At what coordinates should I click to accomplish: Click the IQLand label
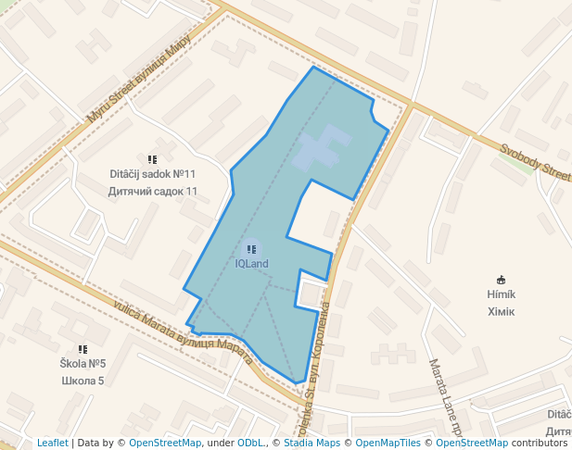click(251, 264)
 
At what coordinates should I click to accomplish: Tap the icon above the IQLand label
click(251, 249)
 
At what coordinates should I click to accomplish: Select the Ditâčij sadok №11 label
click(153, 174)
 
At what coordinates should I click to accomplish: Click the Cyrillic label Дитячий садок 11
click(153, 192)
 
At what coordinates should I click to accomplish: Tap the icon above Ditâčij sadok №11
click(153, 159)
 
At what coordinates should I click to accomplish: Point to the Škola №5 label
click(83, 364)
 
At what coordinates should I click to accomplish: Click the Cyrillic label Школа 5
click(83, 381)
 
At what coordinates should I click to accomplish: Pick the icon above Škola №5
click(83, 349)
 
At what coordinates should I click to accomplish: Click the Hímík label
click(501, 294)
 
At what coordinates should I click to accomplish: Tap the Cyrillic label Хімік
click(501, 311)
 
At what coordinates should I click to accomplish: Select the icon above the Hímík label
click(502, 279)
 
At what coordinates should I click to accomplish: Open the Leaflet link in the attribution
click(52, 443)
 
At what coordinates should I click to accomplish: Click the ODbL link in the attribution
click(249, 443)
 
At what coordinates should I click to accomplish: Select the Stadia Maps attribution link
click(311, 443)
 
